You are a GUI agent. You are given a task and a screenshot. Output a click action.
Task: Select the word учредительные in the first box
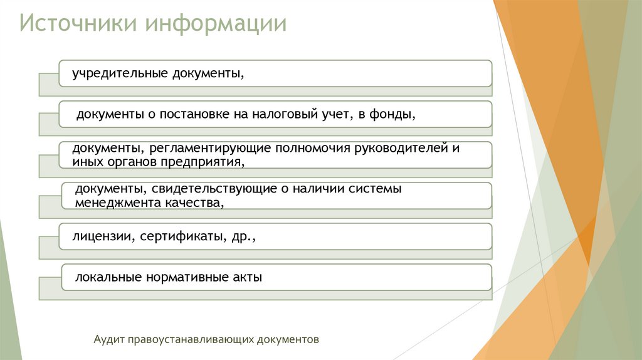point(117,74)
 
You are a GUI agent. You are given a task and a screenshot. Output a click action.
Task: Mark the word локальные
point(107,277)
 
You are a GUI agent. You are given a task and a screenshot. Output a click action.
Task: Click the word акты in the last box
point(246,277)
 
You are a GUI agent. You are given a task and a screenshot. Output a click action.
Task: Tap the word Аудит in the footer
point(108,339)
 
